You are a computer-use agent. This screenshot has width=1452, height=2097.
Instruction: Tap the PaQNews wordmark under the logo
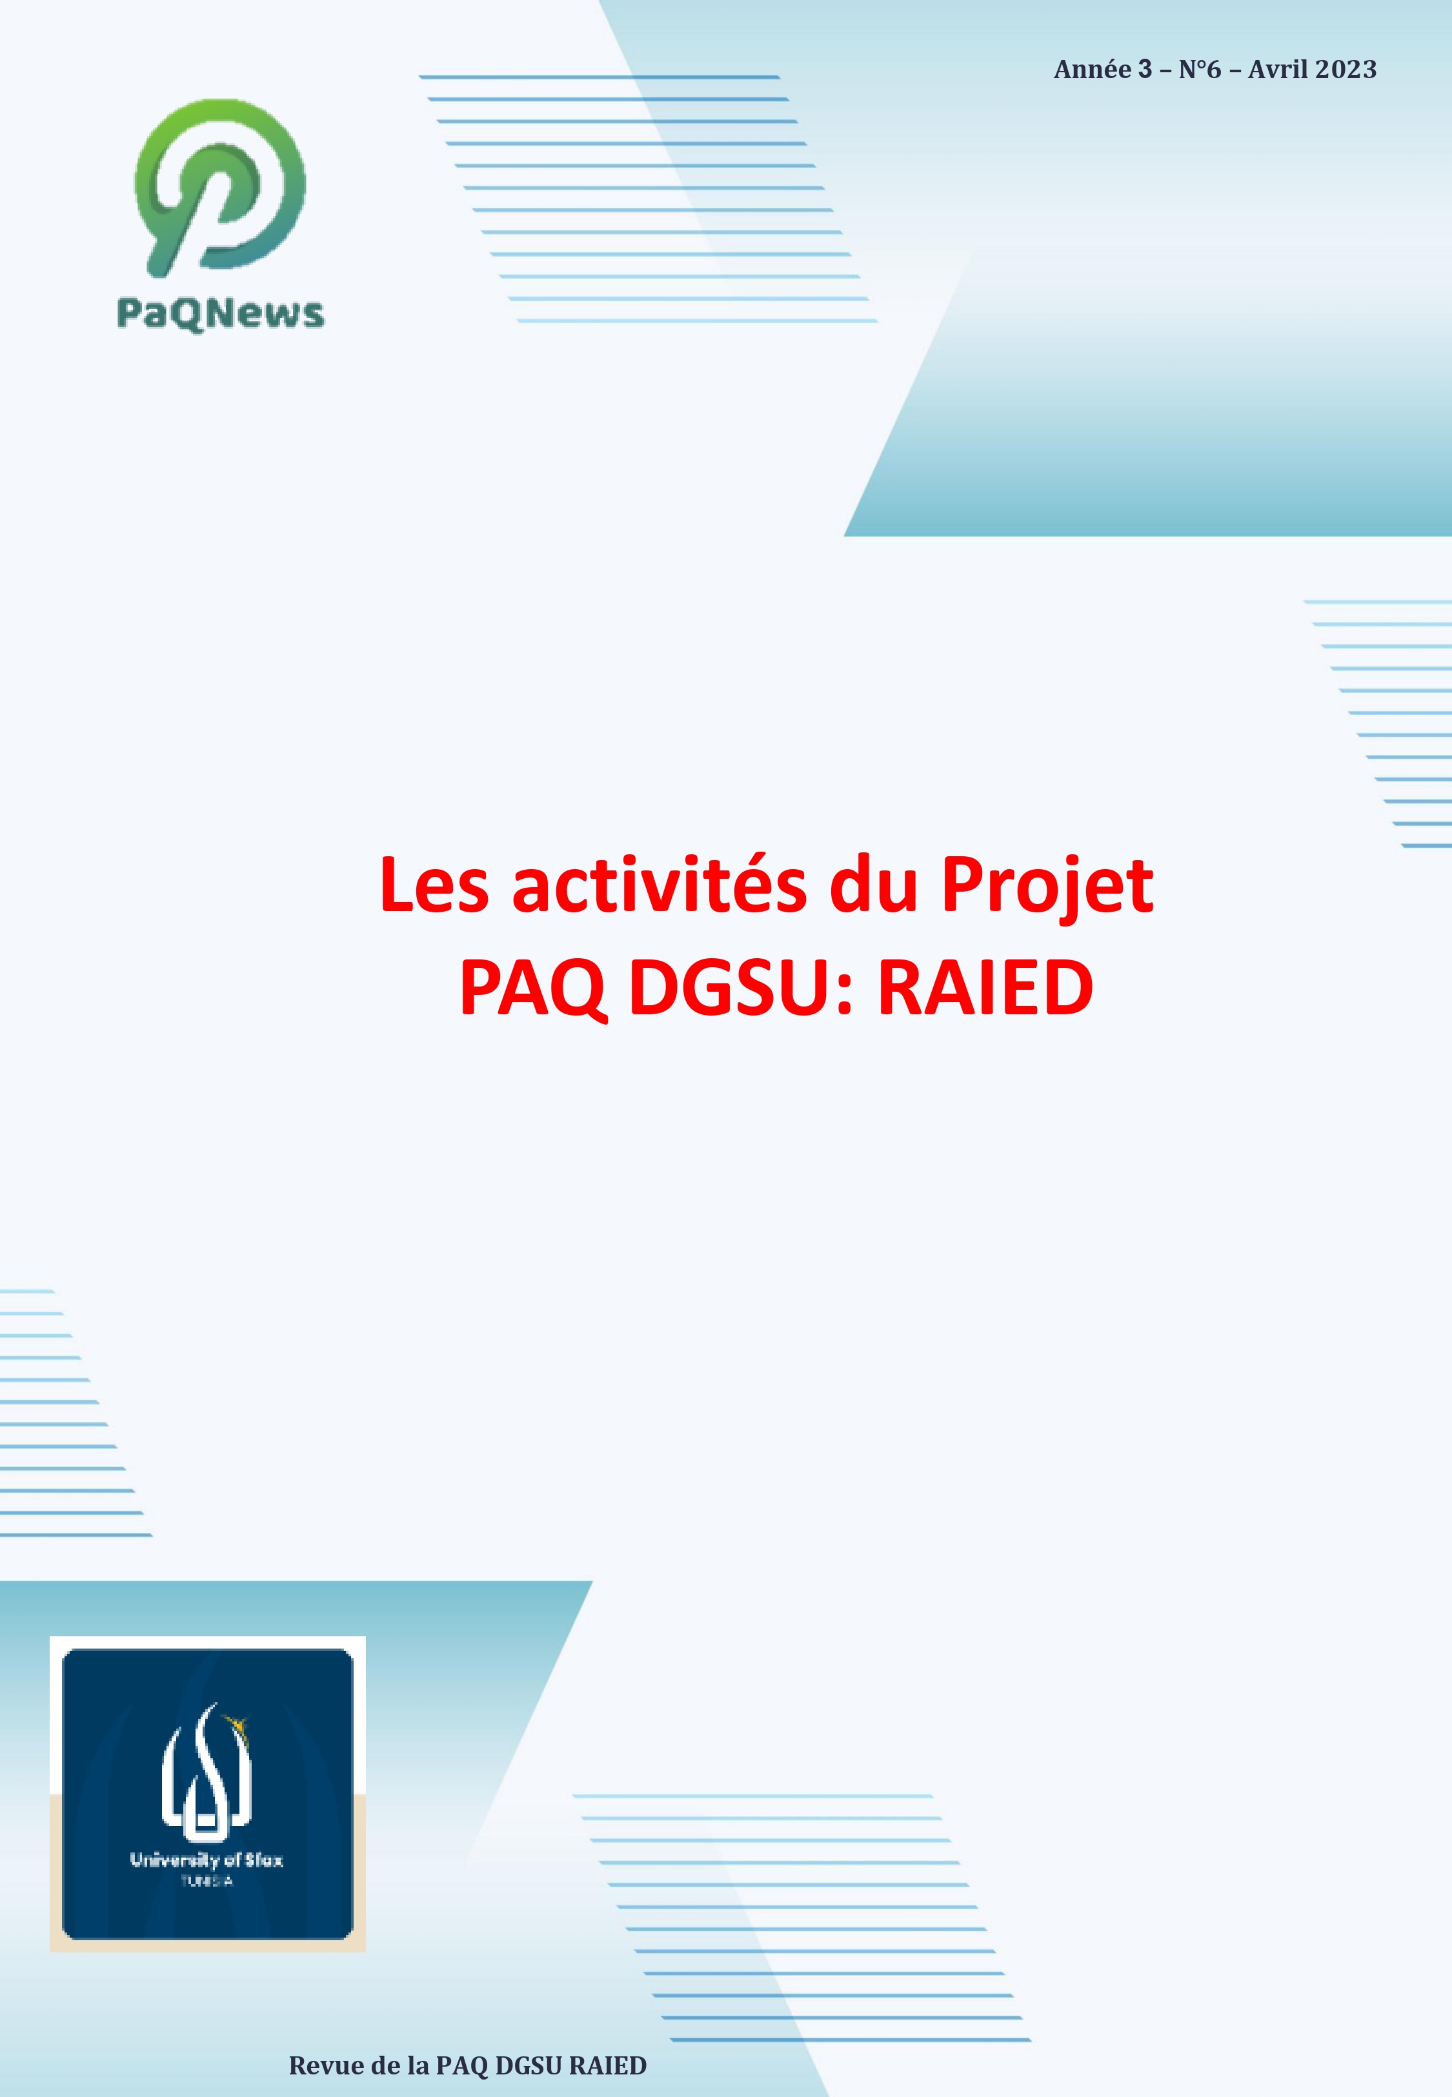tap(220, 313)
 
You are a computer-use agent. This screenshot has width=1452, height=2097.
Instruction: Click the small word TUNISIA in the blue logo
tap(207, 1881)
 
